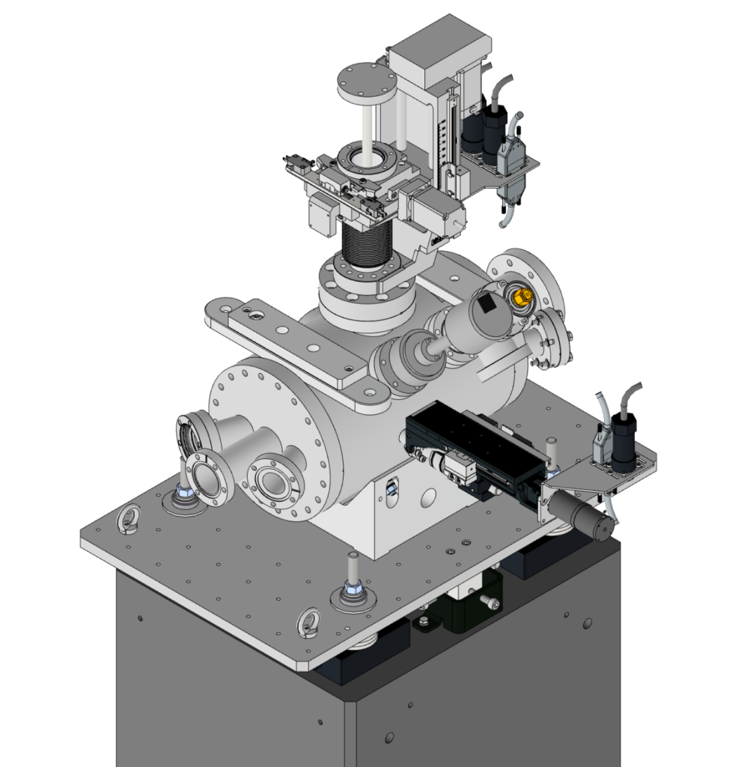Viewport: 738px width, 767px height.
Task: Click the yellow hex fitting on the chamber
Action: pyautogui.click(x=519, y=297)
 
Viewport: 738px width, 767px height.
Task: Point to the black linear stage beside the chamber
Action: pyautogui.click(x=472, y=449)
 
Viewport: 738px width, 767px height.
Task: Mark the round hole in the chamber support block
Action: pyautogui.click(x=428, y=496)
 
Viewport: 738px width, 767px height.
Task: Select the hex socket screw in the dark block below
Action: pyautogui.click(x=488, y=601)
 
